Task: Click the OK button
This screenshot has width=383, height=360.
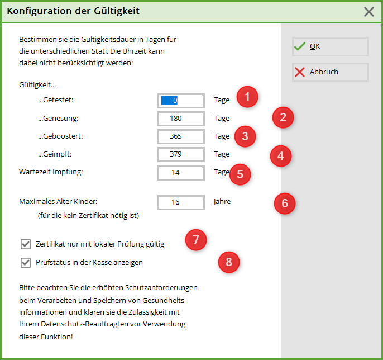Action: (x=331, y=46)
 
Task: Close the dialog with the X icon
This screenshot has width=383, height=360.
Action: (x=369, y=12)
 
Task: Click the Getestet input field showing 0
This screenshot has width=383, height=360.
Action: (x=181, y=101)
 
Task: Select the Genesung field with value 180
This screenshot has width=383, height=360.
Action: (x=181, y=119)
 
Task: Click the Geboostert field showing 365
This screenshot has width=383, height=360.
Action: (x=181, y=136)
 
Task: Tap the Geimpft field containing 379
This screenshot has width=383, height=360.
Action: (x=181, y=154)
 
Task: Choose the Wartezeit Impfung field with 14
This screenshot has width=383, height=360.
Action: (x=181, y=173)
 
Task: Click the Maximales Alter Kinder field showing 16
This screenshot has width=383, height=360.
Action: (x=181, y=202)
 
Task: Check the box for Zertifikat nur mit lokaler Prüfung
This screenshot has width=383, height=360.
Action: (x=26, y=244)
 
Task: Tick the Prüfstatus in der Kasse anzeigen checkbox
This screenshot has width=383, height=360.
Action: (x=26, y=263)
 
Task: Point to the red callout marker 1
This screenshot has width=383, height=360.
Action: (x=247, y=97)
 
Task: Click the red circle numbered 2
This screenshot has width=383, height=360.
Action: (x=283, y=117)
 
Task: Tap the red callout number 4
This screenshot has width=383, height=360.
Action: (x=281, y=156)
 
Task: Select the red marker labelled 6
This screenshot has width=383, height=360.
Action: (x=285, y=203)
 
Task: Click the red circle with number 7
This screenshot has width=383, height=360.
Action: (x=196, y=240)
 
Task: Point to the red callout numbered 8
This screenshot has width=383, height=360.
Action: (x=229, y=262)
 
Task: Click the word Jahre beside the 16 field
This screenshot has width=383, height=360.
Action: (x=222, y=202)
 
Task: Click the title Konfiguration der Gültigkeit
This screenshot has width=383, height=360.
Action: (x=73, y=11)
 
